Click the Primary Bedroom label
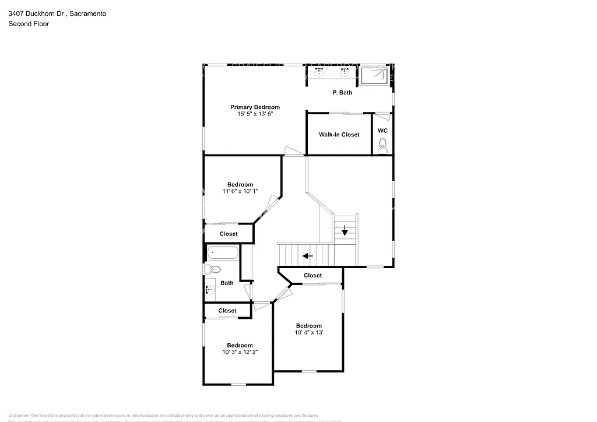pyautogui.click(x=255, y=107)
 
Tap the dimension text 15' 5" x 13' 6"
pyautogui.click(x=255, y=114)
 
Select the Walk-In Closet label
pyautogui.click(x=339, y=135)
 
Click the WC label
pyautogui.click(x=382, y=131)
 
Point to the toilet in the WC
pyautogui.click(x=382, y=146)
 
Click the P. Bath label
pyautogui.click(x=342, y=93)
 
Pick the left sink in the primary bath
pyautogui.click(x=319, y=73)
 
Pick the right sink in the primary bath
pyautogui.click(x=345, y=73)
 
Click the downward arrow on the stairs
pyautogui.click(x=345, y=230)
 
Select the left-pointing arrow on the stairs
pyautogui.click(x=307, y=255)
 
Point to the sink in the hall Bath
pyautogui.click(x=209, y=289)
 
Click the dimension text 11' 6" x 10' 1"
pyautogui.click(x=240, y=192)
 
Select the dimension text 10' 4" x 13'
pyautogui.click(x=308, y=333)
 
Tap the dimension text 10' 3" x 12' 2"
pyautogui.click(x=240, y=352)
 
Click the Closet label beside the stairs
pyautogui.click(x=312, y=275)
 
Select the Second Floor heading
pyautogui.click(x=29, y=24)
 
